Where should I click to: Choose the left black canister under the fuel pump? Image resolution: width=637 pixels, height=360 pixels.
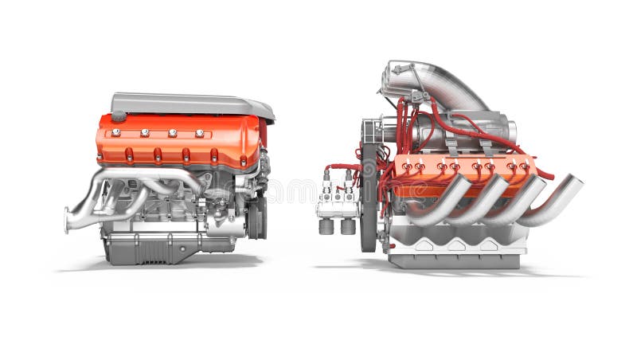pos(326,226)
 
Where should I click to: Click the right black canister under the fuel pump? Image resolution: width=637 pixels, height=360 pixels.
pos(348,226)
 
